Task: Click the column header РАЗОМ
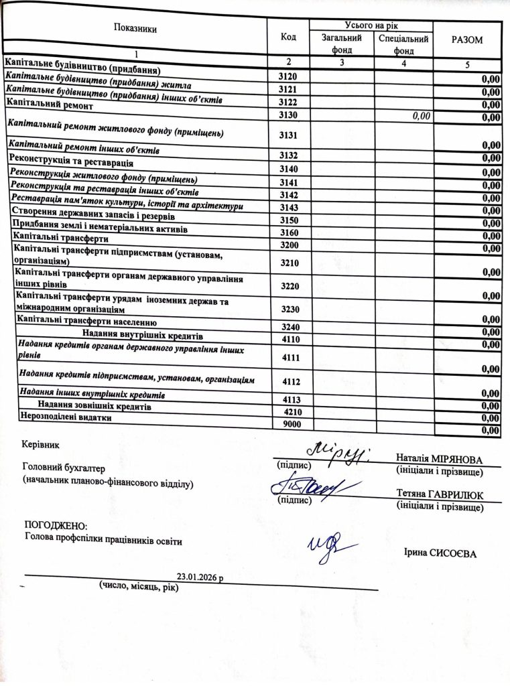[467, 40]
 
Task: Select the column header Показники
[135, 29]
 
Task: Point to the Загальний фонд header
[342, 44]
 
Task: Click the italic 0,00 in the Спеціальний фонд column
[420, 117]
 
